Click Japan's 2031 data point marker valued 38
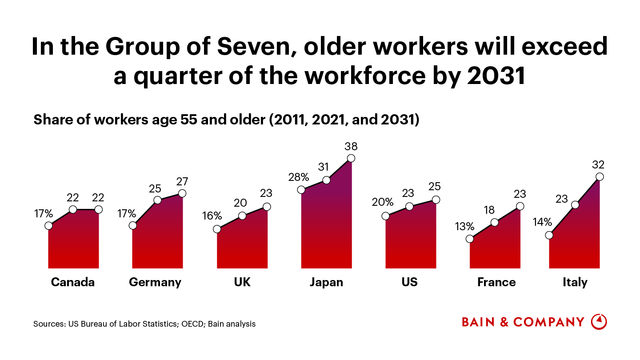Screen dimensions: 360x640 pos(351,158)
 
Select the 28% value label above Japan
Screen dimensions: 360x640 pos(298,177)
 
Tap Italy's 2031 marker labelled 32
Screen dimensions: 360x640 pos(599,176)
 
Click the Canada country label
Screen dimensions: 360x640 pos(73,282)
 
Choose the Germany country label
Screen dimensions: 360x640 pos(155,282)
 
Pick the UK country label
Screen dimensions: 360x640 pos(242,282)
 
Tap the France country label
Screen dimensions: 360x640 pos(496,282)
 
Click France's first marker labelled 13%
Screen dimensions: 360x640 pos(470,239)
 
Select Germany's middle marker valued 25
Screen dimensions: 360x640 pos(157,200)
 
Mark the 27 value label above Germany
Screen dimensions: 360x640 pos(182,181)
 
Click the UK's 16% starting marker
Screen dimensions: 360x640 pos(217,229)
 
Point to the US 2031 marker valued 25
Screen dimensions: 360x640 pos(436,200)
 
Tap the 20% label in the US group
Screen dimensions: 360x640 pos(383,202)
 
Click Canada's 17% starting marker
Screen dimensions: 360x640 pos(48,225)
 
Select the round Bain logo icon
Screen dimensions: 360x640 pos(599,321)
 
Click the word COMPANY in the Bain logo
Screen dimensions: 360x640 pos(549,322)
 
